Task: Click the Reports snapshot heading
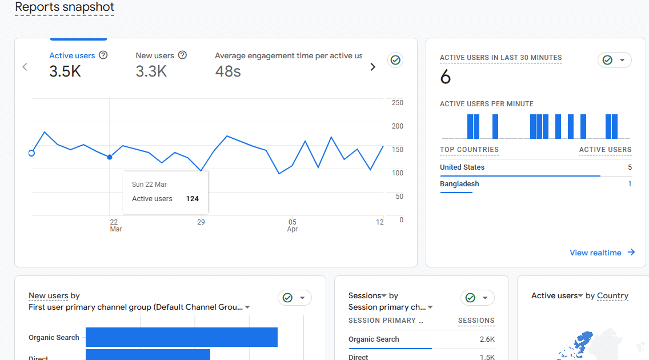click(x=65, y=7)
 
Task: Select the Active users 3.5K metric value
click(x=65, y=71)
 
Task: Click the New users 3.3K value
click(x=151, y=71)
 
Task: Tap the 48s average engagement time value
click(x=228, y=71)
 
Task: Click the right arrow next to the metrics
click(x=373, y=67)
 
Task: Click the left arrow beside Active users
click(x=25, y=67)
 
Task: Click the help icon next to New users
click(x=182, y=55)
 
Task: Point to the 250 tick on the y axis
click(x=397, y=103)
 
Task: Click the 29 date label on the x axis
click(x=201, y=222)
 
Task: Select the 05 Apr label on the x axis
click(x=293, y=225)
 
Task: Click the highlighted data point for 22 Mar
click(x=110, y=157)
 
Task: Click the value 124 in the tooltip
click(x=192, y=199)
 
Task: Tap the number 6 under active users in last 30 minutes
click(x=446, y=77)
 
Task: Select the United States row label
click(x=462, y=167)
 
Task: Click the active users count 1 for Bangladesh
click(x=630, y=184)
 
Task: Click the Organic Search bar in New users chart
click(x=182, y=337)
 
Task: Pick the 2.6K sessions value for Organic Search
click(x=487, y=339)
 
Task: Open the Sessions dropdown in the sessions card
click(x=368, y=296)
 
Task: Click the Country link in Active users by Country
click(x=612, y=296)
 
